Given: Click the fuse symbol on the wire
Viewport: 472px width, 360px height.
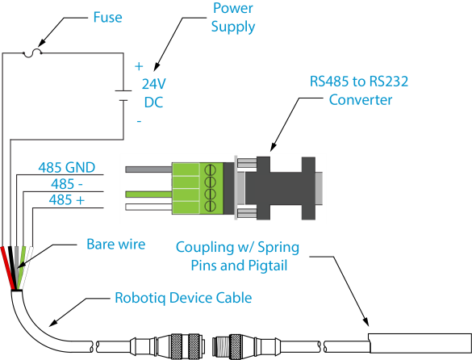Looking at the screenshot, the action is [x=32, y=53].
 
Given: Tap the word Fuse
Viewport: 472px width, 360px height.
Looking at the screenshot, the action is [x=107, y=17].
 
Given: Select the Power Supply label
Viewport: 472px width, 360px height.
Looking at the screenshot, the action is [x=233, y=18].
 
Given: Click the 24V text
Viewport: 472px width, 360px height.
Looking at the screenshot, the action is [x=154, y=84].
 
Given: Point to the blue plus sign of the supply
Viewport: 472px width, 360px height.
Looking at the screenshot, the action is [x=139, y=66].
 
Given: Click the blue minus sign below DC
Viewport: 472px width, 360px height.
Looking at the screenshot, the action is [x=139, y=121].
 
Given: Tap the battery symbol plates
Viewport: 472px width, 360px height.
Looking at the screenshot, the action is [x=123, y=95].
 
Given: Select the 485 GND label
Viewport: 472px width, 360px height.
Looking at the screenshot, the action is [x=66, y=168].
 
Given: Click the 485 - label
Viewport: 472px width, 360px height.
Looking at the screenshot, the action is [x=66, y=184].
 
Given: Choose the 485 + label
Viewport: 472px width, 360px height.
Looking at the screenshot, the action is [x=67, y=199].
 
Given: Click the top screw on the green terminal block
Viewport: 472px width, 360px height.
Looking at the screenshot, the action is [x=210, y=170].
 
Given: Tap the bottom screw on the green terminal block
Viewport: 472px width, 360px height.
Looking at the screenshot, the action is [x=210, y=207].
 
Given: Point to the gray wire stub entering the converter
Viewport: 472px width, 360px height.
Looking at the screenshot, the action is [x=148, y=170].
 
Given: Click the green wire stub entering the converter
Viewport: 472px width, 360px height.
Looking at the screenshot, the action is [x=148, y=195].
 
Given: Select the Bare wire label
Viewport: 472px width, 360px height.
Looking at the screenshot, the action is [x=116, y=244].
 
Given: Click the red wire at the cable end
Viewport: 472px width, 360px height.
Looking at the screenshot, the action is [x=8, y=268].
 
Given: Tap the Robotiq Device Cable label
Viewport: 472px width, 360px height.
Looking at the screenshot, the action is [x=183, y=298].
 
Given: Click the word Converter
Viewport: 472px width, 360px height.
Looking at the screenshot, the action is [x=361, y=100].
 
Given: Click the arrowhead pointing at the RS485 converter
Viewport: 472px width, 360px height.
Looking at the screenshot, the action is [x=273, y=147].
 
